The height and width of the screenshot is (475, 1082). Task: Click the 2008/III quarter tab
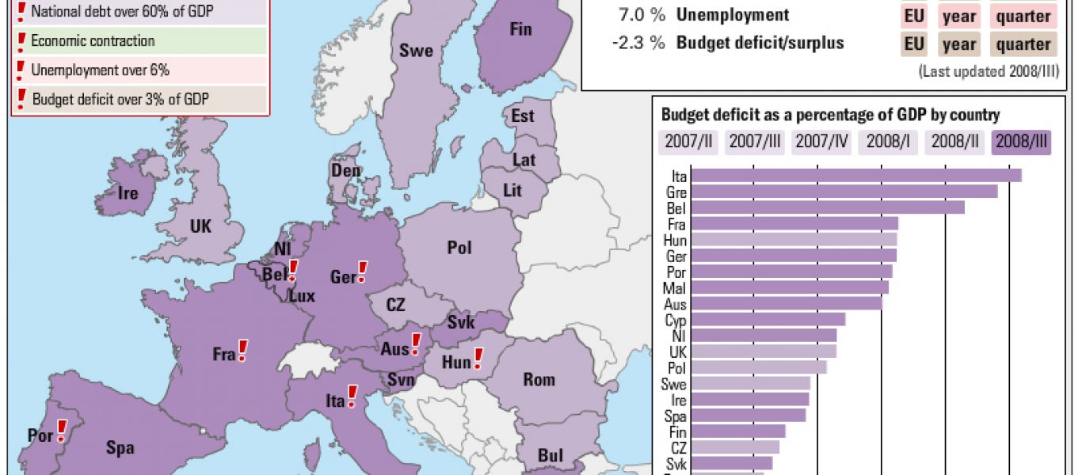pos(1023,142)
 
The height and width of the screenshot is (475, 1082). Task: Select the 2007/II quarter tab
pos(688,142)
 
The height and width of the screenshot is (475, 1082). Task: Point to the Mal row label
pos(674,288)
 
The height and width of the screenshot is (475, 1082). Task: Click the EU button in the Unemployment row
pos(914,16)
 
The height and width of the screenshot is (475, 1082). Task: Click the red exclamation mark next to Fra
pos(243,350)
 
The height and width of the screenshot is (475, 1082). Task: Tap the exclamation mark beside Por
pos(61,431)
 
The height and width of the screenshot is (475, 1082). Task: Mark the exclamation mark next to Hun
pos(478,359)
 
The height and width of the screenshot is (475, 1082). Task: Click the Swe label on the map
pos(416,51)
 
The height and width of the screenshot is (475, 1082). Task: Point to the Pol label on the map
pos(459,248)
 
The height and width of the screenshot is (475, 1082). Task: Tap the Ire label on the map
pos(128,193)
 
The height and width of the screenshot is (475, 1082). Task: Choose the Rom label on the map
pos(539,380)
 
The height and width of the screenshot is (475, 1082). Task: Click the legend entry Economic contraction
pos(93,41)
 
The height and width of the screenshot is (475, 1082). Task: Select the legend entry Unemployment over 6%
pos(100,70)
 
